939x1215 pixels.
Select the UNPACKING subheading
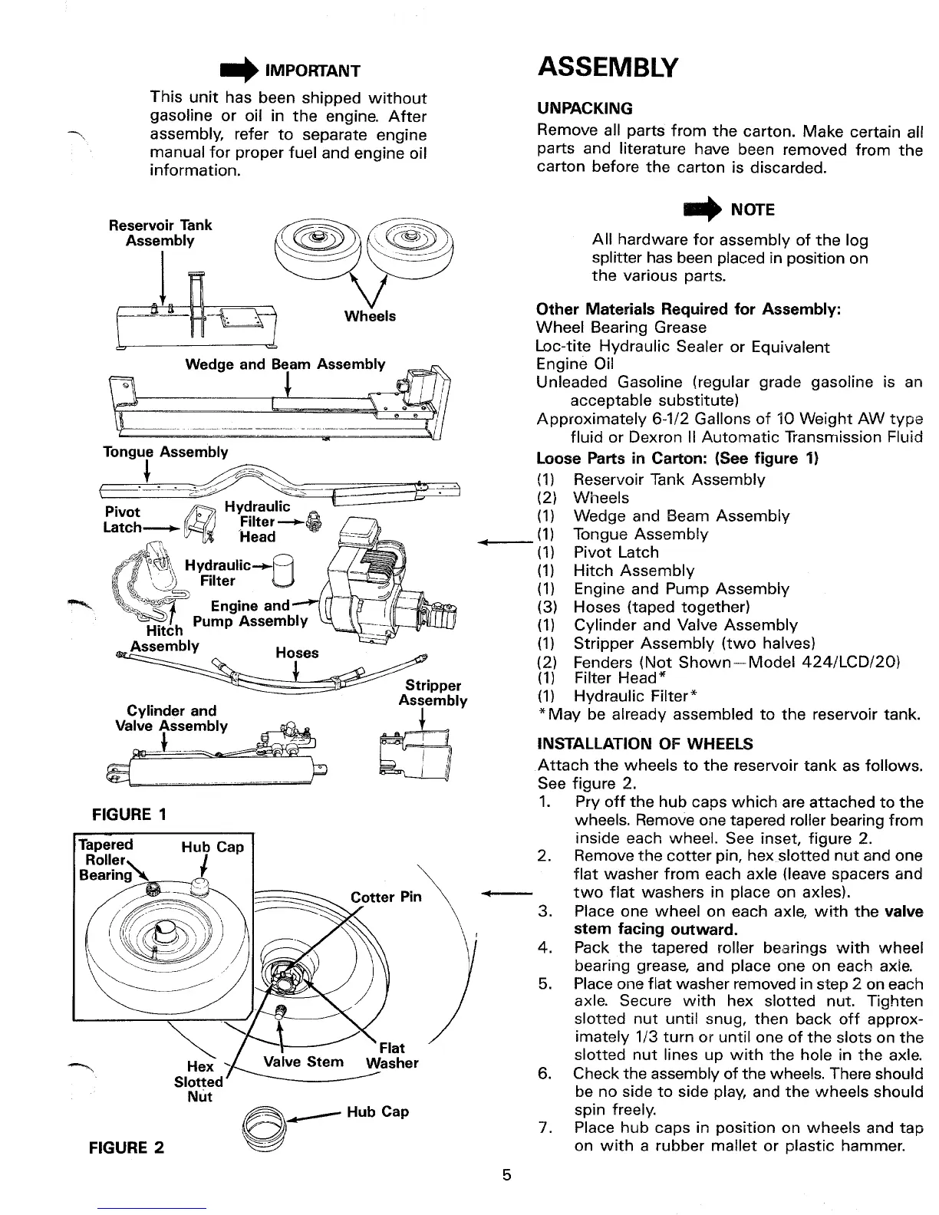point(585,108)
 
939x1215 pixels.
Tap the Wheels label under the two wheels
point(371,316)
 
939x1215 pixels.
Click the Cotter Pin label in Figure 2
point(386,897)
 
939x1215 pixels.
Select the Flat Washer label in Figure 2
point(392,1055)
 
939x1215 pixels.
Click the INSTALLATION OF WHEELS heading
point(645,744)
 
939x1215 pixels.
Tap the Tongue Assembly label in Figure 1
point(166,452)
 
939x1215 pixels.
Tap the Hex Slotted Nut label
point(199,1082)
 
